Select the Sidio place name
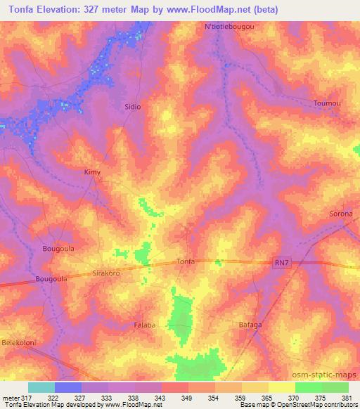(132, 106)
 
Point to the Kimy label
(91, 171)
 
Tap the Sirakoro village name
(108, 273)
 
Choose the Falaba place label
(146, 325)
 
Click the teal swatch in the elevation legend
(41, 387)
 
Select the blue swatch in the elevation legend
(68, 387)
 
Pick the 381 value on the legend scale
(345, 398)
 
